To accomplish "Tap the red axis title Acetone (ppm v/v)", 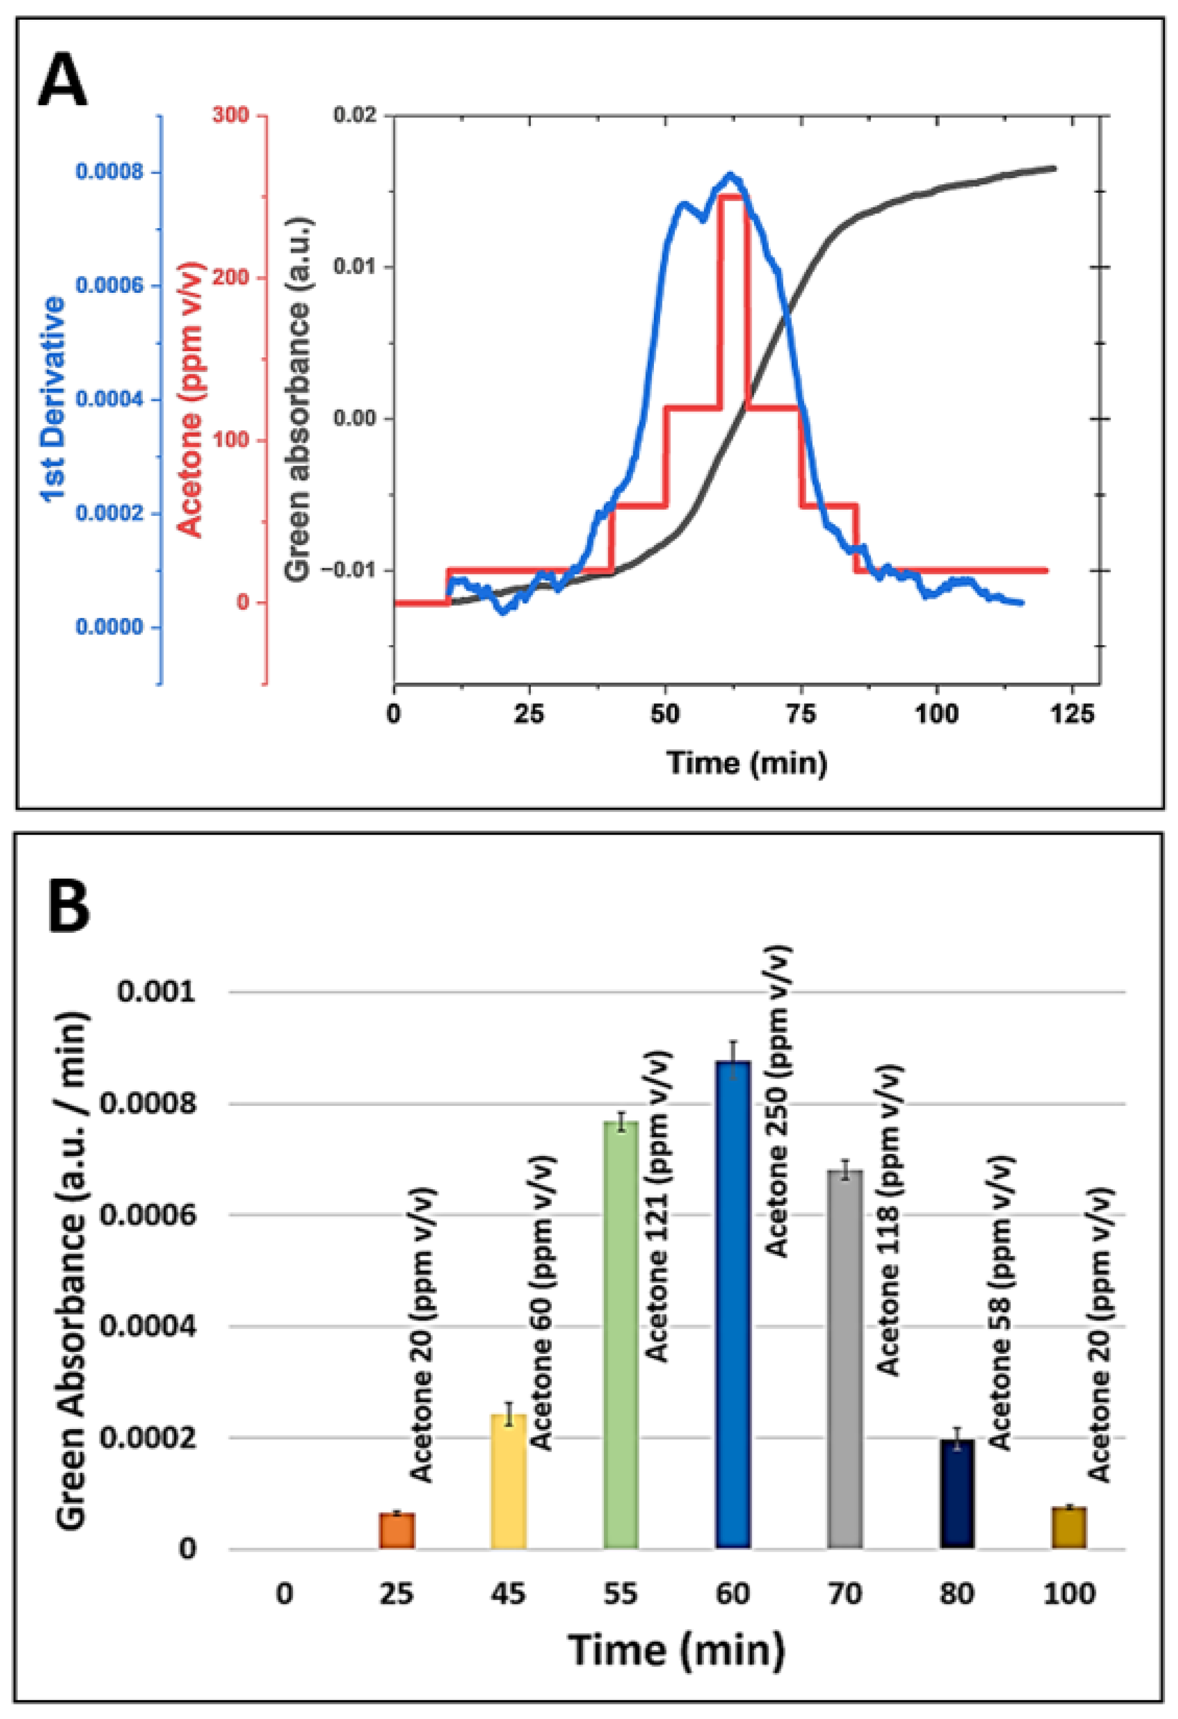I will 190,400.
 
